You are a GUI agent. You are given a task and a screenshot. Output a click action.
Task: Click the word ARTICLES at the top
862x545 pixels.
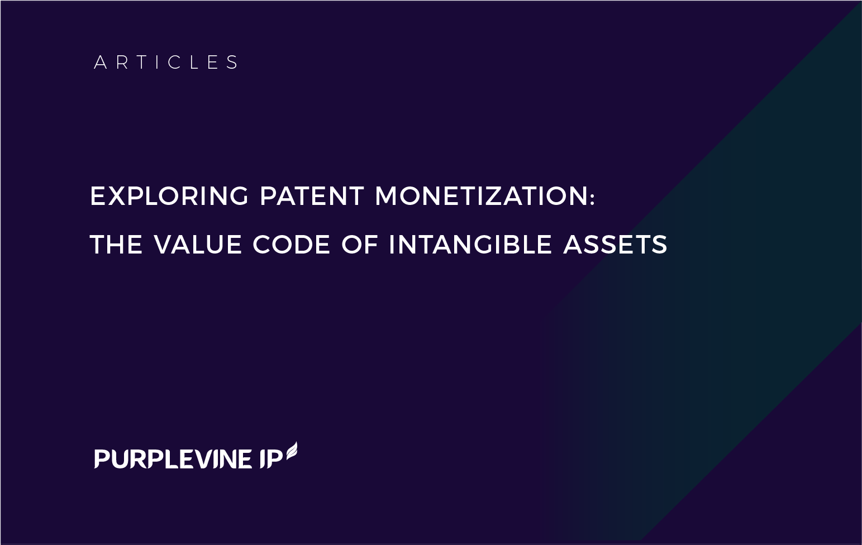166,62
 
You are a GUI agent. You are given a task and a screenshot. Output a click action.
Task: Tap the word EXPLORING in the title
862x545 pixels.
169,196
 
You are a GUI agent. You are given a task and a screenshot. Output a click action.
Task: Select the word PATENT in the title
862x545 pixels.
312,196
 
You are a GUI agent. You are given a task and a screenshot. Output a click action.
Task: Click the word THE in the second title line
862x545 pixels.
116,245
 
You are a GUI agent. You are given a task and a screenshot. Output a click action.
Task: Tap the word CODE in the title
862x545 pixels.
291,245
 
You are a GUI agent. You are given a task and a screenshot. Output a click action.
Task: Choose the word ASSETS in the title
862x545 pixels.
615,245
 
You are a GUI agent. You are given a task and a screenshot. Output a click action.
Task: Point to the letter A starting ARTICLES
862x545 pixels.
100,62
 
